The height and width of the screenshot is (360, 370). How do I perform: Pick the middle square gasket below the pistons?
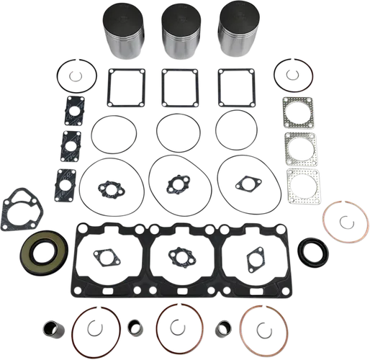coord(179,89)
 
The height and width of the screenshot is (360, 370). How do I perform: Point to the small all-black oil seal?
coord(312,253)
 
